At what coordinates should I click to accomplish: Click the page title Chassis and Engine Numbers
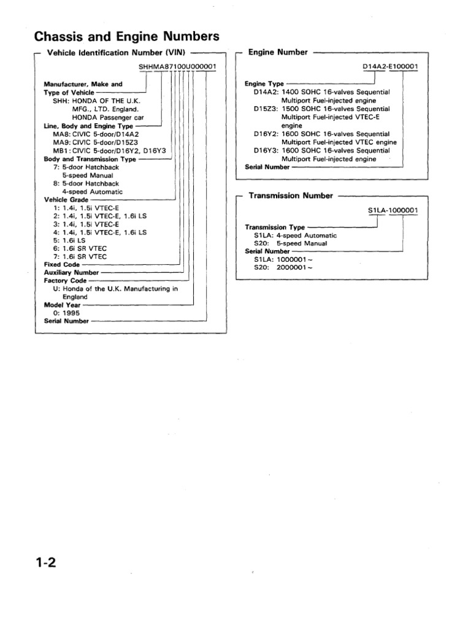(x=126, y=36)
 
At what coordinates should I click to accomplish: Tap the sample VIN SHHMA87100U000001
(x=178, y=66)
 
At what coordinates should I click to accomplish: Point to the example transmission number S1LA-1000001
(x=393, y=211)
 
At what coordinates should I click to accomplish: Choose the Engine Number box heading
(x=278, y=53)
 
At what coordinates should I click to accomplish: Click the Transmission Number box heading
(x=291, y=196)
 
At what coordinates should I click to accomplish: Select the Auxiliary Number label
(x=71, y=272)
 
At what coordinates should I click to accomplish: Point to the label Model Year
(x=62, y=304)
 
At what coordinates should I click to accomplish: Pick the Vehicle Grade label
(x=66, y=200)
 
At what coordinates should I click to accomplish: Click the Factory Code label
(x=64, y=280)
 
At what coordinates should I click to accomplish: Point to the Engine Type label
(x=265, y=84)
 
